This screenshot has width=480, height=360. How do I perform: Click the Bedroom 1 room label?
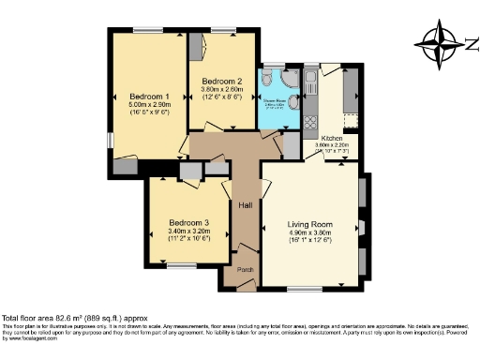click(x=150, y=97)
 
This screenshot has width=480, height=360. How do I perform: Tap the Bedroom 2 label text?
click(x=223, y=81)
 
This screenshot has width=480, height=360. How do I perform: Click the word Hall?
click(x=245, y=205)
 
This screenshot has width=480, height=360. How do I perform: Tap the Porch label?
click(x=245, y=270)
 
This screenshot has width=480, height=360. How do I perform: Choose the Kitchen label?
click(x=332, y=137)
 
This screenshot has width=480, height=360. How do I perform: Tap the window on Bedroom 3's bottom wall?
click(x=182, y=266)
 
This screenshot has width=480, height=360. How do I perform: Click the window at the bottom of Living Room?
click(x=303, y=288)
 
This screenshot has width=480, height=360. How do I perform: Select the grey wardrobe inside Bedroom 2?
click(x=198, y=47)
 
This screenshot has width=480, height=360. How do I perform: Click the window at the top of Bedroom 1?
click(x=149, y=30)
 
